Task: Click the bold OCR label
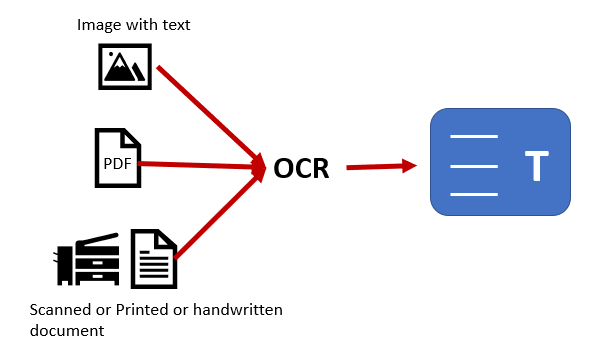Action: [x=301, y=168]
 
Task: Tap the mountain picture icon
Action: [x=125, y=68]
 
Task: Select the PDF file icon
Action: [x=117, y=158]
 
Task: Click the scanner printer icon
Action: [x=87, y=258]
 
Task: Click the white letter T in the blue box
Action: [x=536, y=166]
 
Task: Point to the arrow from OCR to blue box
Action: [x=381, y=167]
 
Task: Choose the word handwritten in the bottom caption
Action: [x=235, y=310]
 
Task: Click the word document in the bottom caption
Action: [x=67, y=329]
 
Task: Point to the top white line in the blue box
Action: [x=474, y=135]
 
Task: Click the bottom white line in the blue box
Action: [x=474, y=193]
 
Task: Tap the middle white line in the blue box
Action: [x=474, y=165]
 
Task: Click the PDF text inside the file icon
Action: [x=116, y=164]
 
